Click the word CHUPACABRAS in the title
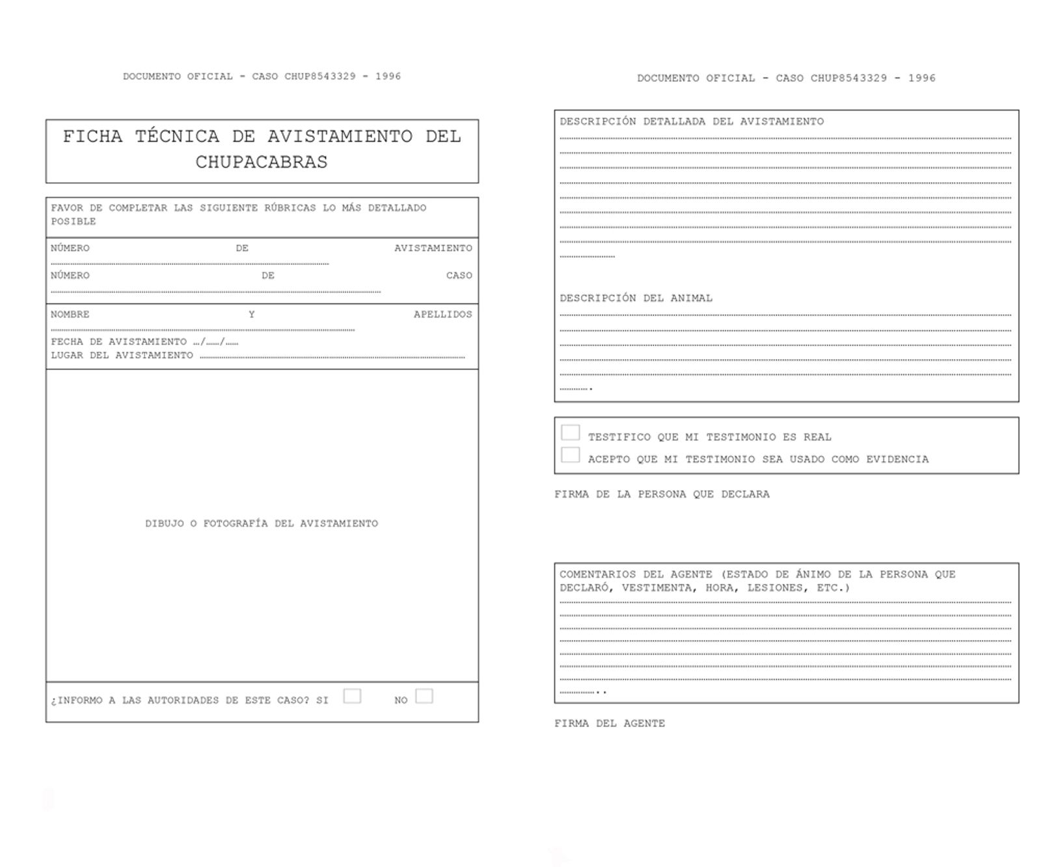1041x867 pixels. (x=262, y=162)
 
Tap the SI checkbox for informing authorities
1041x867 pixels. (x=352, y=696)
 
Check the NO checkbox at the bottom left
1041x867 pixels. (x=424, y=696)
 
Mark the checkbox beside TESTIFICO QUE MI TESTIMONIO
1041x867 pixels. (x=571, y=433)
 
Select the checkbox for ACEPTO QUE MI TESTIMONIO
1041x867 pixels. (x=571, y=455)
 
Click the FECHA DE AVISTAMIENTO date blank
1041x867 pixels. (x=216, y=342)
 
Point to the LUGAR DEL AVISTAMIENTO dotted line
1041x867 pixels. (x=332, y=356)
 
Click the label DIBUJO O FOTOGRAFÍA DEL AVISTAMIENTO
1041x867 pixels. (x=262, y=524)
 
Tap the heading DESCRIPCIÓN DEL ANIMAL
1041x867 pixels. (x=636, y=299)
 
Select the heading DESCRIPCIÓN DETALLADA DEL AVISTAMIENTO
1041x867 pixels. (x=692, y=122)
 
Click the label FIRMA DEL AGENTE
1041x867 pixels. (x=610, y=723)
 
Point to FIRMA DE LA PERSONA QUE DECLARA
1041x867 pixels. (x=662, y=494)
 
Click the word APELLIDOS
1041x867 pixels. (x=443, y=315)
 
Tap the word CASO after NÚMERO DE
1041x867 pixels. (x=459, y=276)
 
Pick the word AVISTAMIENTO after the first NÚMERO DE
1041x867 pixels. (x=433, y=248)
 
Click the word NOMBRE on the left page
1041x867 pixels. (x=70, y=315)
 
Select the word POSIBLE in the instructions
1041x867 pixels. (x=74, y=222)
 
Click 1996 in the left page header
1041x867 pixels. (x=388, y=77)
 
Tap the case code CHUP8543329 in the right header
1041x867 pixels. (x=848, y=79)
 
